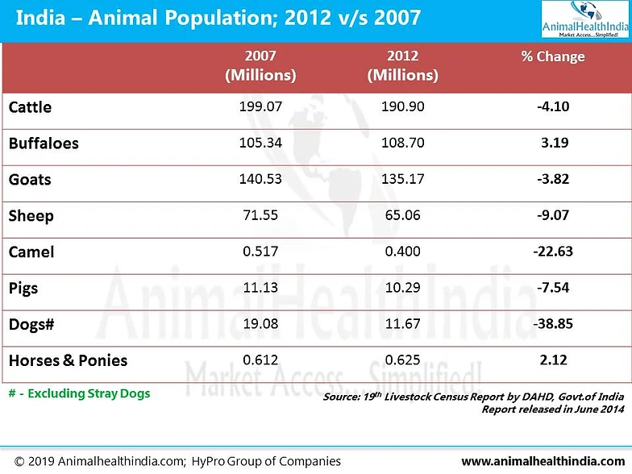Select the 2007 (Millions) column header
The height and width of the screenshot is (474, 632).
(x=260, y=66)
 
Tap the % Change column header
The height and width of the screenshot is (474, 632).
(x=552, y=57)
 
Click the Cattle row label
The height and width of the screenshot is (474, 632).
(x=30, y=107)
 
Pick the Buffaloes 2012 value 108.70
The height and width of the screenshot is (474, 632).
(x=402, y=142)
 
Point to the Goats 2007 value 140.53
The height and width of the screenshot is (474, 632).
(x=260, y=178)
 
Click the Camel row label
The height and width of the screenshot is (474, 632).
(x=31, y=252)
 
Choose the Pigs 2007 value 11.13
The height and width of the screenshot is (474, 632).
(x=260, y=287)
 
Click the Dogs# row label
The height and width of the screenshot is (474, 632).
(x=31, y=324)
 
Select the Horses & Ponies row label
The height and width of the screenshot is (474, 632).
(x=68, y=360)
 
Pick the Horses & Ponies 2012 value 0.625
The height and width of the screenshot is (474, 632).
(x=402, y=360)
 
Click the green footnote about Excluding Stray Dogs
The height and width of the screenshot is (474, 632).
(x=79, y=393)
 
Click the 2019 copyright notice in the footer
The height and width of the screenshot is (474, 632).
(x=173, y=462)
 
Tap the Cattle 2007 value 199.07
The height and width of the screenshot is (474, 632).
(x=260, y=106)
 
